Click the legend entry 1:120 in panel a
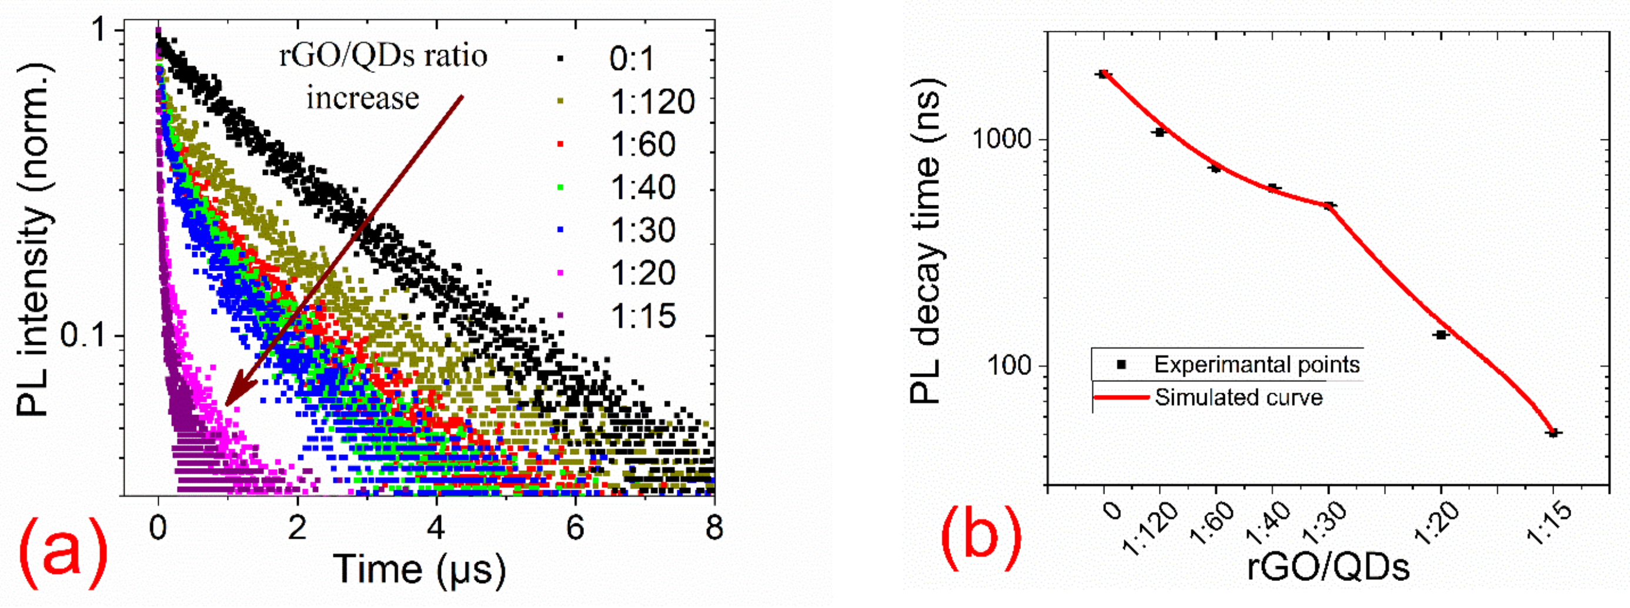(x=652, y=101)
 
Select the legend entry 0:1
(x=632, y=59)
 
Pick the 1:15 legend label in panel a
(x=643, y=315)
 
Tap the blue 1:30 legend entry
(x=643, y=230)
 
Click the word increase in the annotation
(x=363, y=98)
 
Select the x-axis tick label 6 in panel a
(x=574, y=527)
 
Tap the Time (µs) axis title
(x=419, y=568)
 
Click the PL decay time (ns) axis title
(x=924, y=241)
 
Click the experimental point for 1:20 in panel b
(x=1441, y=334)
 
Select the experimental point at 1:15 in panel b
(x=1552, y=433)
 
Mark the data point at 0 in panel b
(x=1104, y=74)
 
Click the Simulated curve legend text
(x=1238, y=397)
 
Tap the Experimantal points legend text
(x=1257, y=364)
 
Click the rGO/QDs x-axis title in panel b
(x=1328, y=568)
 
